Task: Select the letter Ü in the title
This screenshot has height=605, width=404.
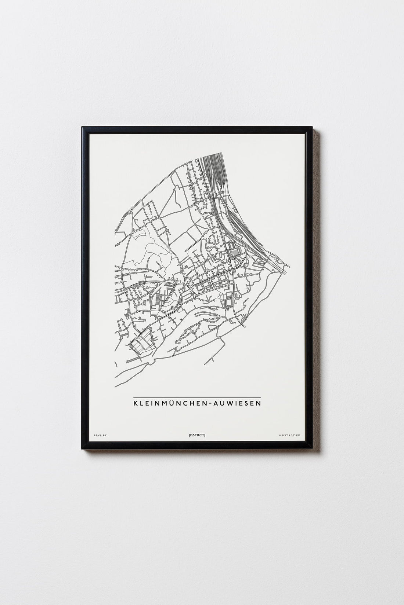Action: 173,403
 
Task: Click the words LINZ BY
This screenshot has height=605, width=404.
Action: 99,435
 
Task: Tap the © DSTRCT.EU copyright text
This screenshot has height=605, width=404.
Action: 289,435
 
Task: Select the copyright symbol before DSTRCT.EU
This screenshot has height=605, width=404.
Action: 280,435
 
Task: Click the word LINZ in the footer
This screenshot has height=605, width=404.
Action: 97,435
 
